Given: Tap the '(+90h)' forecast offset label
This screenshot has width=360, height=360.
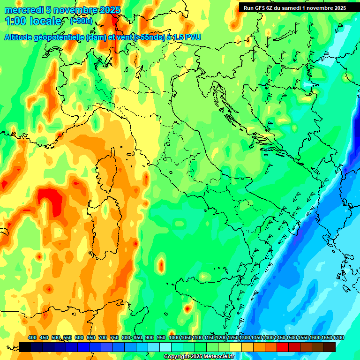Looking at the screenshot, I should coord(81,21).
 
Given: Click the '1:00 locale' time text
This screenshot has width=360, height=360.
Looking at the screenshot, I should coord(33,21).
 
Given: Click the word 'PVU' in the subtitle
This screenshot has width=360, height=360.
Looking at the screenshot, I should coord(192,37).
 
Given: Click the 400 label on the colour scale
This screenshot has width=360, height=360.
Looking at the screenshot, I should coord(32,337).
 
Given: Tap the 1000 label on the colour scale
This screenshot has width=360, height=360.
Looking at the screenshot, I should coord(174,337).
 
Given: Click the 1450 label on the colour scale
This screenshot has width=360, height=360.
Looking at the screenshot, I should coord(280,337).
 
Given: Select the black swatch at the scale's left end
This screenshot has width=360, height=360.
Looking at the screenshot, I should coord(25,347).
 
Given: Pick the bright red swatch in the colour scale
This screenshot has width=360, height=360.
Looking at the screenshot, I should coord(283,347).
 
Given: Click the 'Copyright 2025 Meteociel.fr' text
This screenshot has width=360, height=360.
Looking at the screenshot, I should coord(199,357).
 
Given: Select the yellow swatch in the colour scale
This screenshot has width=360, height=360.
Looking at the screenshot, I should coord(236,347).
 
